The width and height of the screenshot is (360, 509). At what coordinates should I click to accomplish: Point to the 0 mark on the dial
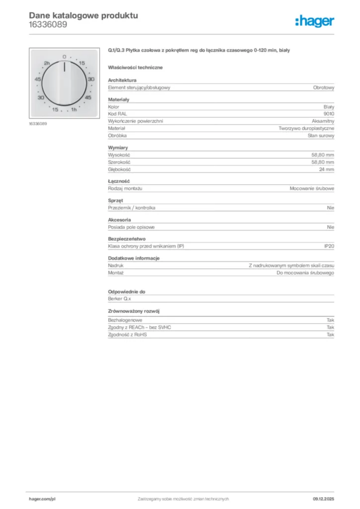pyautogui.click(x=64, y=57)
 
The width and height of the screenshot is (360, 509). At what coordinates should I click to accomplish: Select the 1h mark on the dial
pyautogui.click(x=74, y=109)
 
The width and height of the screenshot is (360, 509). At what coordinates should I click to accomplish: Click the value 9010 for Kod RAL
pyautogui.click(x=329, y=114)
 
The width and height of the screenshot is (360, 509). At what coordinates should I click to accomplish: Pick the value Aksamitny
pyautogui.click(x=323, y=121)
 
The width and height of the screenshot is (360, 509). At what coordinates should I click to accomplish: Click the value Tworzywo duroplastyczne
pyautogui.click(x=306, y=128)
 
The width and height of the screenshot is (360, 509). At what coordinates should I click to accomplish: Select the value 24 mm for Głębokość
pyautogui.click(x=326, y=170)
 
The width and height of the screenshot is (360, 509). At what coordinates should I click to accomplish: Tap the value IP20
pyautogui.click(x=329, y=247)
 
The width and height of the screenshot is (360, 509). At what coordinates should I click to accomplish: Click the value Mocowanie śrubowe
pyautogui.click(x=312, y=189)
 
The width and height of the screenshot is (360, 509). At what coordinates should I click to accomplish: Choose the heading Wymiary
pyautogui.click(x=118, y=148)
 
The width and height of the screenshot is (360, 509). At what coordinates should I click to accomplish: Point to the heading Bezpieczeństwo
pyautogui.click(x=127, y=239)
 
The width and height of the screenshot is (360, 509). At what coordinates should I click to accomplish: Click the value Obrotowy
pyautogui.click(x=324, y=87)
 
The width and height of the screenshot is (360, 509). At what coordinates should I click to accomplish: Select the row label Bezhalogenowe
pyautogui.click(x=125, y=320)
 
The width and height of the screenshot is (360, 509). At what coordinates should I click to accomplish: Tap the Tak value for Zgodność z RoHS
pyautogui.click(x=330, y=335)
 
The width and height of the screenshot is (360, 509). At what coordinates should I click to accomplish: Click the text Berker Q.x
pyautogui.click(x=119, y=300)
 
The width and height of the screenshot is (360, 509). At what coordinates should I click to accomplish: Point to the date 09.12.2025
pyautogui.click(x=323, y=499)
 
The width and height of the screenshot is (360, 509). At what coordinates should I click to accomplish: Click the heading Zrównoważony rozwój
pyautogui.click(x=134, y=311)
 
